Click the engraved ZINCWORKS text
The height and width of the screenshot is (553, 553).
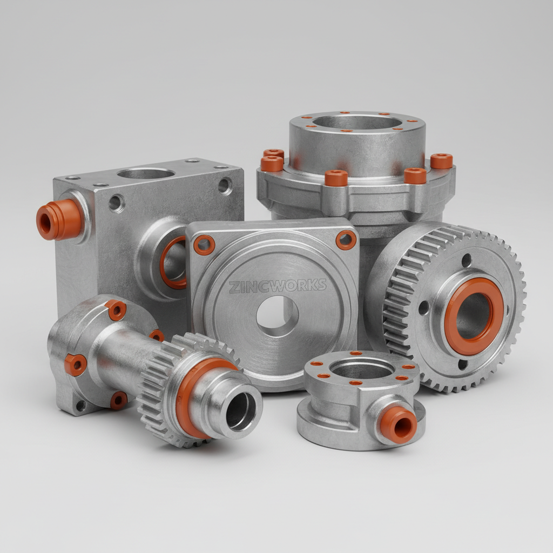[x=278, y=286]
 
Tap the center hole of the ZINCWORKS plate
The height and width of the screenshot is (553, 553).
[x=277, y=316]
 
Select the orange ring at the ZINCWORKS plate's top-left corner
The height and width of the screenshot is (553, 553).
[x=204, y=245]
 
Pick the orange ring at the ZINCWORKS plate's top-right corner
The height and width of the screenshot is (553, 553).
[x=346, y=240]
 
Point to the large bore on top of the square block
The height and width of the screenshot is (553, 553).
[x=146, y=173]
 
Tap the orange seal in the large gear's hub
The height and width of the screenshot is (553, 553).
[x=474, y=316]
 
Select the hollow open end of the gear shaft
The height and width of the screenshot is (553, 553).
[x=241, y=410]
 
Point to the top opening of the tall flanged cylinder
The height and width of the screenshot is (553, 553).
[x=356, y=122]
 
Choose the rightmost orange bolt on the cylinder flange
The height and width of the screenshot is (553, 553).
[x=441, y=160]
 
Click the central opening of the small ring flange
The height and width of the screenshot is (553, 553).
[x=362, y=370]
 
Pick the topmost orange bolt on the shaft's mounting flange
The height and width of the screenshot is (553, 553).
[x=116, y=310]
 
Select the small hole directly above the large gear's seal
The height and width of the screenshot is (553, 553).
[x=467, y=261]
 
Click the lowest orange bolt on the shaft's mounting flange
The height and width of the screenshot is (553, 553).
[x=118, y=400]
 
